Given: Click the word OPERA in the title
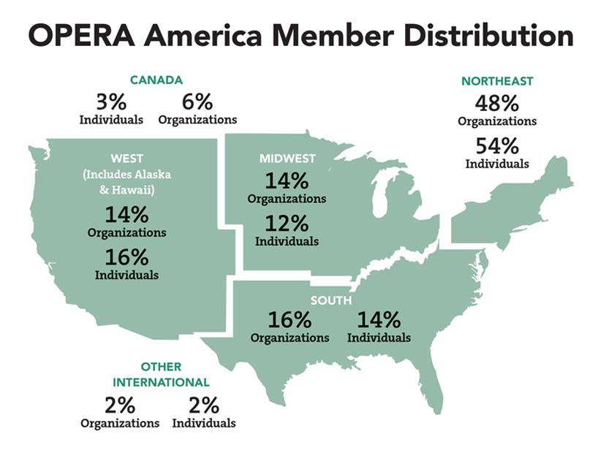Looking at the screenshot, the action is (x=81, y=35).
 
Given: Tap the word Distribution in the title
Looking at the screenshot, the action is (x=488, y=35).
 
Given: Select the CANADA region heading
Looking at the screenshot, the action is (x=156, y=80).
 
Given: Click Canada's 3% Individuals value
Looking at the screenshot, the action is (x=111, y=102).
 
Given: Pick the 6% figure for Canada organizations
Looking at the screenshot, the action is (x=197, y=102).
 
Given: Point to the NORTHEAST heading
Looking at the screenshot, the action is (x=497, y=81).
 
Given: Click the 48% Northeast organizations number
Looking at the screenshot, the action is (x=497, y=103).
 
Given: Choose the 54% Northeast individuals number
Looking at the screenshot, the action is (x=497, y=146).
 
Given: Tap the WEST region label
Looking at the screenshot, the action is (x=127, y=159).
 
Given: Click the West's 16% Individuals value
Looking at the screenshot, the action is (x=127, y=257).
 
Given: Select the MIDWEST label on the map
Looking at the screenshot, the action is (x=287, y=159).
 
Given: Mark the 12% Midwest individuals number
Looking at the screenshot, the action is (x=287, y=224).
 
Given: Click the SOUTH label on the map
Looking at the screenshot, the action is (x=331, y=300).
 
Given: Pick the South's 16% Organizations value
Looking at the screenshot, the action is (x=290, y=319).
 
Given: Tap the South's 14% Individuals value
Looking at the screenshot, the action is (x=379, y=319).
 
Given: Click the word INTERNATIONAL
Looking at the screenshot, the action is (x=161, y=383).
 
